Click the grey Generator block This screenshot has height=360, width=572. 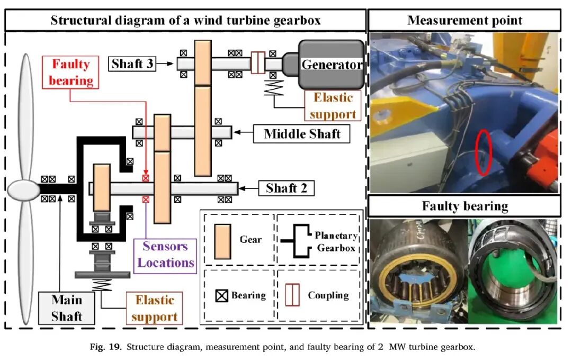click(x=331, y=65)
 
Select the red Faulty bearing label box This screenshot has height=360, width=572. click(x=70, y=72)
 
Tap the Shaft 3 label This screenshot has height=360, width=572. click(x=132, y=64)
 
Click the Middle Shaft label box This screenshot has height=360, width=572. click(x=302, y=133)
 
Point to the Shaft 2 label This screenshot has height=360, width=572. click(x=287, y=188)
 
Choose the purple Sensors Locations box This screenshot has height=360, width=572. click(x=165, y=256)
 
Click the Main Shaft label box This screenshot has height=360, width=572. click(x=66, y=308)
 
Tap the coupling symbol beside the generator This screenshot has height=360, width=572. click(x=258, y=62)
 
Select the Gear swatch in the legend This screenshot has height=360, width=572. click(x=222, y=241)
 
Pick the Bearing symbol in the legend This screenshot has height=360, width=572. click(x=221, y=295)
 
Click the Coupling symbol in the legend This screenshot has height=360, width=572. click(x=292, y=295)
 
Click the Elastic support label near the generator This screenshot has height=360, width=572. click(x=333, y=106)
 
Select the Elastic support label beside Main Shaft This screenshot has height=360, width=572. click(x=155, y=308)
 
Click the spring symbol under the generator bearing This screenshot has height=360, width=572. click(x=274, y=87)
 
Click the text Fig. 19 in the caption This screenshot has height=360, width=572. click(x=105, y=347)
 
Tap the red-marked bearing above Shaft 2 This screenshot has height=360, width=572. click(x=146, y=178)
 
